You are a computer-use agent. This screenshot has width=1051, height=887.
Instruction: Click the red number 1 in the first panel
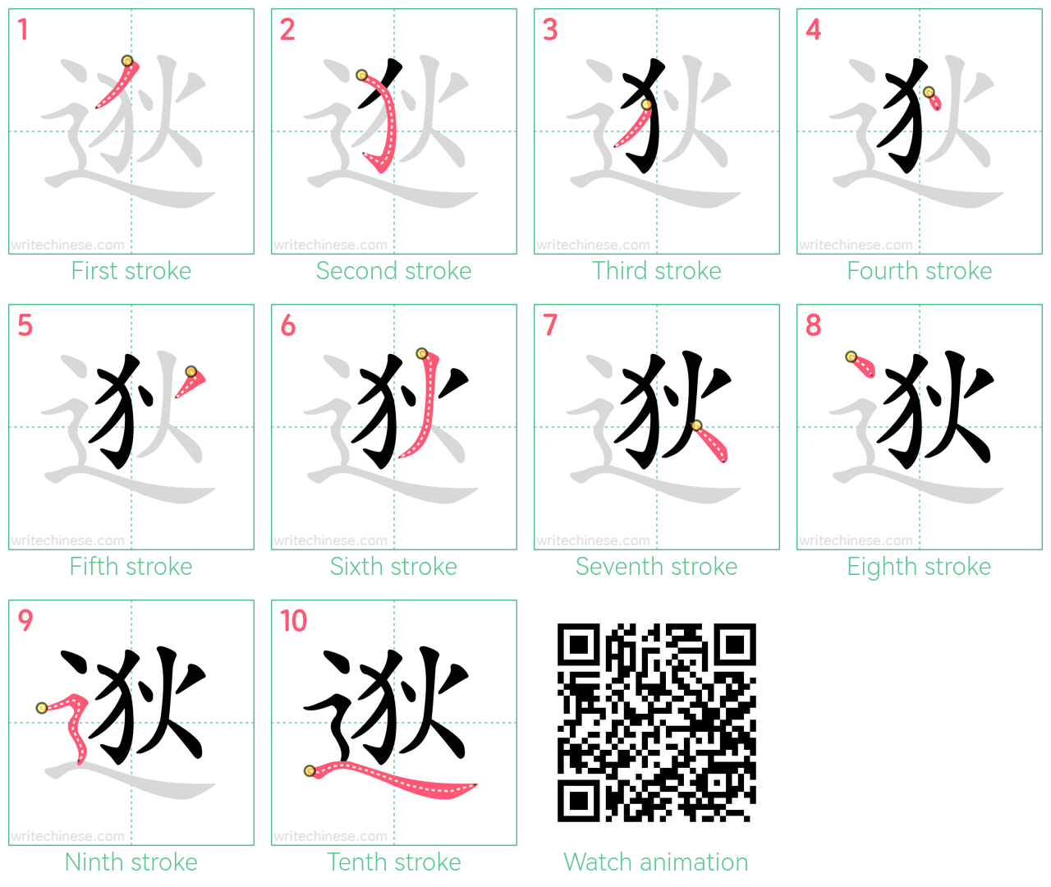(22, 30)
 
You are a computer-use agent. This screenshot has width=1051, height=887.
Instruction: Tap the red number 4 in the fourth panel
(813, 30)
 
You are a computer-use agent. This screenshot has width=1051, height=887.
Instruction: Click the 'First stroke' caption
(131, 271)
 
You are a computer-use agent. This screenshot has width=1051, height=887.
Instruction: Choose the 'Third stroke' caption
(656, 271)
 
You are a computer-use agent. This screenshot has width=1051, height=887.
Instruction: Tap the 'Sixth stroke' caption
(393, 567)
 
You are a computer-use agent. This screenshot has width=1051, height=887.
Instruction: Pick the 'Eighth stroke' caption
(919, 567)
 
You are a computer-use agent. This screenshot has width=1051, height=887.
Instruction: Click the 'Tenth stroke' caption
(393, 862)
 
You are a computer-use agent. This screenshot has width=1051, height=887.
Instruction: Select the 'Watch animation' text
(656, 862)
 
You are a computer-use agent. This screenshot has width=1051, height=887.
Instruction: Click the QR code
(656, 723)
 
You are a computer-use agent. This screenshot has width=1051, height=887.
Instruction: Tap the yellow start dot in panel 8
(851, 357)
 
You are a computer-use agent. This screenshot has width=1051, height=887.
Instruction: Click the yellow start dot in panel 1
(126, 61)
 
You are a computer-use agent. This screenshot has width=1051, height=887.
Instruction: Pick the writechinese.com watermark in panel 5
(67, 540)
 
